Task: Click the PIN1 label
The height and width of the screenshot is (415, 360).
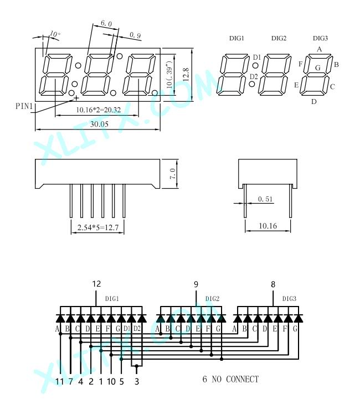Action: point(24,106)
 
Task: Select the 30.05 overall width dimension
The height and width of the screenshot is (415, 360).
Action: point(99,124)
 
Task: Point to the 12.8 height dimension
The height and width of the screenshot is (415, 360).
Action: point(186,74)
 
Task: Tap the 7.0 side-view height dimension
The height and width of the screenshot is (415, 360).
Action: point(172,174)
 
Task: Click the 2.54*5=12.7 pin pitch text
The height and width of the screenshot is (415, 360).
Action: point(97,227)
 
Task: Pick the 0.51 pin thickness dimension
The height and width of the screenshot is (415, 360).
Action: point(265,199)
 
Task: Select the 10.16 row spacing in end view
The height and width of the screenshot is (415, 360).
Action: point(268,226)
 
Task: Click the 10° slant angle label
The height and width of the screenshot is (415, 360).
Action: point(55,34)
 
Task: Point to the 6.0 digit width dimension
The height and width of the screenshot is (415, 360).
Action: point(106,23)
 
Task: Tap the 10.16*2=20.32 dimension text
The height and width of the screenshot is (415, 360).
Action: point(98,110)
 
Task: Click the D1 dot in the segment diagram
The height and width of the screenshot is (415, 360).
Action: point(255,66)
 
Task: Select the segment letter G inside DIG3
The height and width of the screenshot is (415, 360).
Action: point(318,68)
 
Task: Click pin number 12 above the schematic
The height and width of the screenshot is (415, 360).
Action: point(96,284)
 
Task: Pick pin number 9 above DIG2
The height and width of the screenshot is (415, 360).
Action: point(196,284)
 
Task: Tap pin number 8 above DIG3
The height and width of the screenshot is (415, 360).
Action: point(273,284)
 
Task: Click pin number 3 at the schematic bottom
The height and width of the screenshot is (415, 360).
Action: point(137,381)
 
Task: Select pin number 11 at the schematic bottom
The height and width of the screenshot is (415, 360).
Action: point(60,381)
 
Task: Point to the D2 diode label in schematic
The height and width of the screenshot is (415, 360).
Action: point(137,329)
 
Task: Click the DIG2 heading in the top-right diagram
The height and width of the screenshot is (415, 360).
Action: point(279,38)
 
